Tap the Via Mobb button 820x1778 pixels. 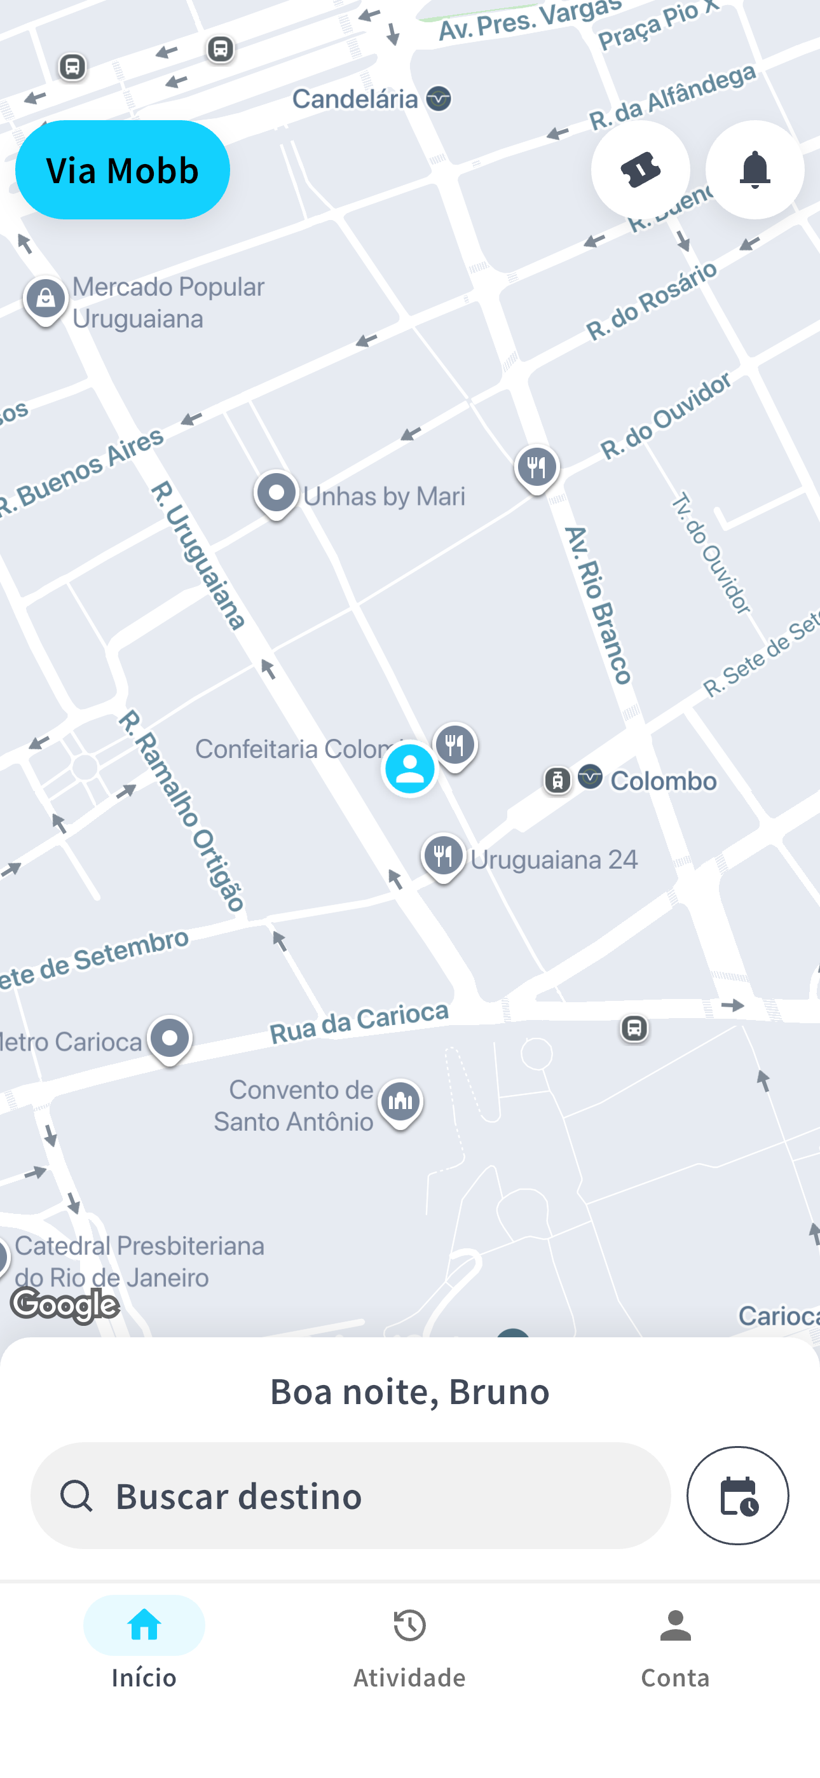tap(122, 170)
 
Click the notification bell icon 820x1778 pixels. tap(755, 170)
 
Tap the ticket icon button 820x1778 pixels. tap(640, 170)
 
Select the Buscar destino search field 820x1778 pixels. tap(350, 1495)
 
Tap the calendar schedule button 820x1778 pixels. tap(737, 1495)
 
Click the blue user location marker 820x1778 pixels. tap(409, 768)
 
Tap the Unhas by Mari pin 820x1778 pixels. tap(276, 493)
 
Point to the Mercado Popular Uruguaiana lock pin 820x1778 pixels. tap(46, 300)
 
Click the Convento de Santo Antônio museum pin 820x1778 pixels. tap(400, 1101)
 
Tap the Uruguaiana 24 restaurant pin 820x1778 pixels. tap(443, 857)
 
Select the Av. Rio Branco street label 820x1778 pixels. tap(598, 605)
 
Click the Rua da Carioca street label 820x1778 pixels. tap(359, 1021)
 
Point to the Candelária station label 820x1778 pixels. tap(355, 99)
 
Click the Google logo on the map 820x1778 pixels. tap(65, 1304)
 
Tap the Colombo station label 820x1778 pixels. tap(662, 782)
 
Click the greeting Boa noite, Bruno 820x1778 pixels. tap(409, 1391)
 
